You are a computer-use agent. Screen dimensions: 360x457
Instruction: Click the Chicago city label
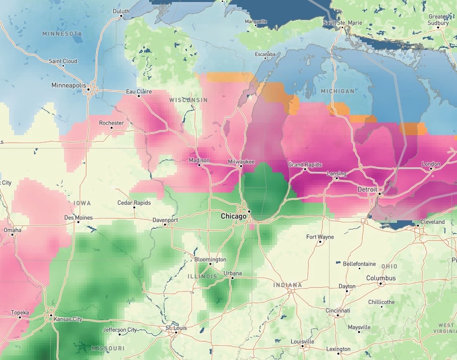[234, 216]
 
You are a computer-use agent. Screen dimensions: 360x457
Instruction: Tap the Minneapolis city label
[69, 85]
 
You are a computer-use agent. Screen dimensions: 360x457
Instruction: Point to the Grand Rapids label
[305, 165]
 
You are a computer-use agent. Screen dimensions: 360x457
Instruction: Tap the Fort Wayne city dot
[320, 242]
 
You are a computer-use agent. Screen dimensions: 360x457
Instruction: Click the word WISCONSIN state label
[188, 100]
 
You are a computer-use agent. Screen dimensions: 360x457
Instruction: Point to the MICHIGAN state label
[337, 91]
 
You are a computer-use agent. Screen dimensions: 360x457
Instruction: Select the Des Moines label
[79, 217]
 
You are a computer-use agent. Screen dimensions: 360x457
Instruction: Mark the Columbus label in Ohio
[381, 278]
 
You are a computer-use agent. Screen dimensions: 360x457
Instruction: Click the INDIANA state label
[287, 285]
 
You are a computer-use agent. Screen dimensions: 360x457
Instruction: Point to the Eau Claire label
[139, 91]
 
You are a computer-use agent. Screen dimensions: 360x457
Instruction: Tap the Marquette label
[255, 22]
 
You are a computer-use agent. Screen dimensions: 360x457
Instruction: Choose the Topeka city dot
[20, 317]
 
